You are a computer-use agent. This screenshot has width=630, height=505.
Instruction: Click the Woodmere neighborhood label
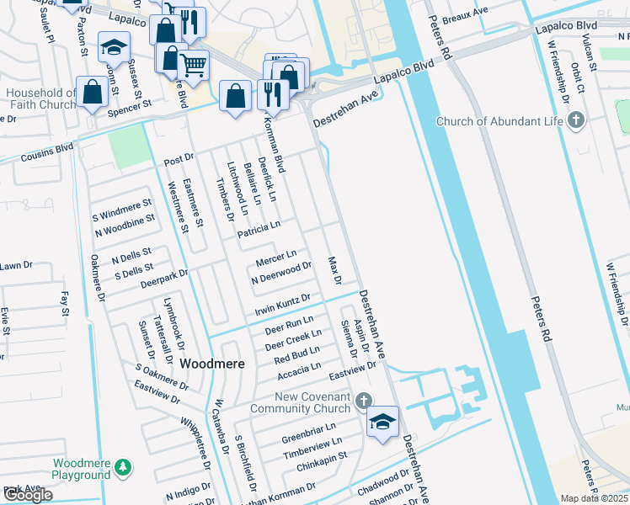coord(212,364)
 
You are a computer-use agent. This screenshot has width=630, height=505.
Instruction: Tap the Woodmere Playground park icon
coord(123,465)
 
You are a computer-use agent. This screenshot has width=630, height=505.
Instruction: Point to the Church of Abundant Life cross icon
coord(576,121)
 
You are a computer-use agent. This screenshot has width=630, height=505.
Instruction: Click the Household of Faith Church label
coord(40,98)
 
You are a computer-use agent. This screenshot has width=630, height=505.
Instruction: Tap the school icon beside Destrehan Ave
coord(382,422)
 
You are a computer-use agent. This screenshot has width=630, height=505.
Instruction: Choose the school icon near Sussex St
coord(112,48)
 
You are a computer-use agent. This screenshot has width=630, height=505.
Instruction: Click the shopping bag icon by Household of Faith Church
coord(91,94)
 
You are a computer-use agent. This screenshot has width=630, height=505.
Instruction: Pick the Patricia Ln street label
coord(259,230)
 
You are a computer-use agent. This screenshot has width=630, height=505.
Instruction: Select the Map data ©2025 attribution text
coord(594,498)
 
